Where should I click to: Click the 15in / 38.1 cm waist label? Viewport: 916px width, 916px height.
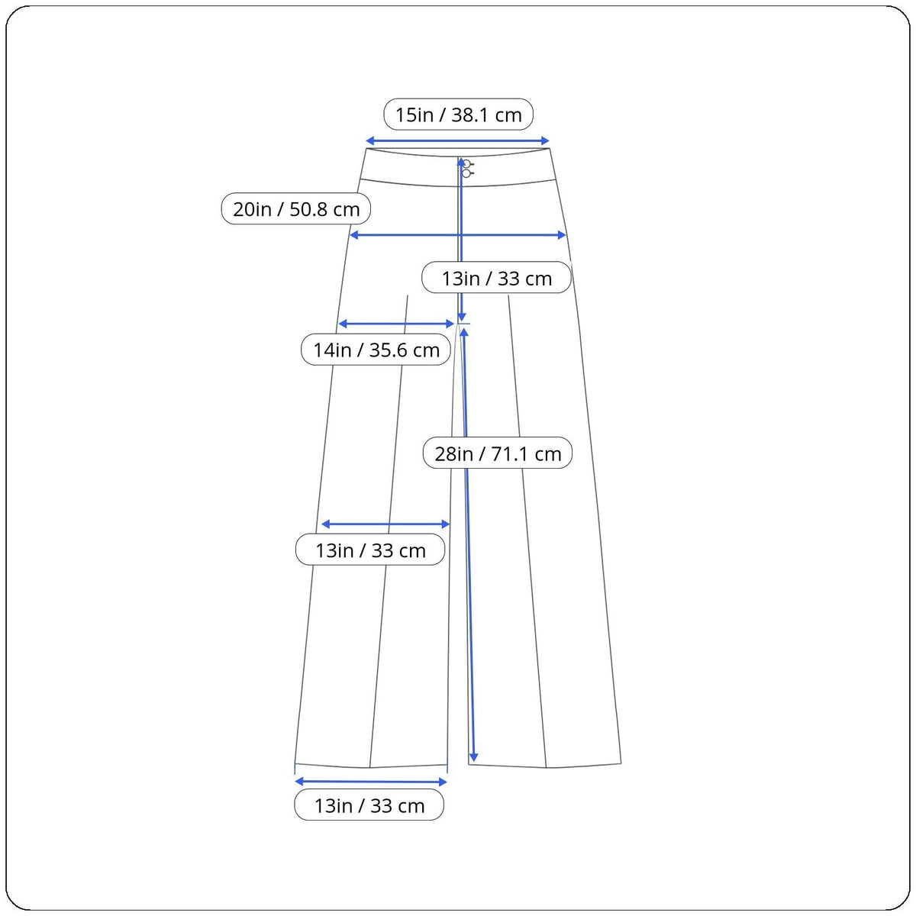(x=458, y=114)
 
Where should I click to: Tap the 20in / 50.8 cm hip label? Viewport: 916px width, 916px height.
(x=296, y=209)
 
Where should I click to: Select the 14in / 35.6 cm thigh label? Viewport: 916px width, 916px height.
(x=376, y=350)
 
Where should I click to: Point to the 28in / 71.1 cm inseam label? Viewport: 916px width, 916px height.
(x=498, y=454)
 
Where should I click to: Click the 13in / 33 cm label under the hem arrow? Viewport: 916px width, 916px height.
(x=369, y=806)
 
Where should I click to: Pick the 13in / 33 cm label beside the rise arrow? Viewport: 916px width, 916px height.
(x=496, y=278)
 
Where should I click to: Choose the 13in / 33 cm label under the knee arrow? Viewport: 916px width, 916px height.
(x=370, y=550)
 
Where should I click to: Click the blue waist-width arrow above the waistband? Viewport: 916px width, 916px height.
(x=458, y=140)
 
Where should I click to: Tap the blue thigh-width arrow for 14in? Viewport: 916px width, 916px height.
(x=396, y=324)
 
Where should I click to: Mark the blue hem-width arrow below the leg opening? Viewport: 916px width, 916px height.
(x=370, y=782)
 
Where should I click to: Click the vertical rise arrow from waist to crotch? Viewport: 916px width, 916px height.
(x=461, y=229)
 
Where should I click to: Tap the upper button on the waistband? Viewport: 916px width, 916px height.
(x=466, y=164)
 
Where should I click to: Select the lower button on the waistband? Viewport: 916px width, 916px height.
(x=466, y=173)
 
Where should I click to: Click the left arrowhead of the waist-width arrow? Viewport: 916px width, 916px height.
(x=369, y=140)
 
